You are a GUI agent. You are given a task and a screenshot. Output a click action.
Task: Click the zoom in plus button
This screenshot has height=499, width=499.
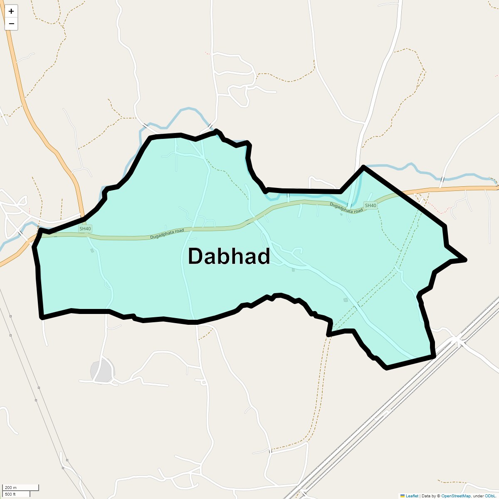point(11,11)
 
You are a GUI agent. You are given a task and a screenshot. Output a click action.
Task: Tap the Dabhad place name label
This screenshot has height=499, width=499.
point(229,256)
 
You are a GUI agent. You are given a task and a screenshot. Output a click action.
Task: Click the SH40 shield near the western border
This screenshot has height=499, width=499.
point(85,229)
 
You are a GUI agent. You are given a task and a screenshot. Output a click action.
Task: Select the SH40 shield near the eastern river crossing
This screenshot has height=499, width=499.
point(370,205)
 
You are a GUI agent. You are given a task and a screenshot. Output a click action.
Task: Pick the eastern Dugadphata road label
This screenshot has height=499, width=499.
point(346,208)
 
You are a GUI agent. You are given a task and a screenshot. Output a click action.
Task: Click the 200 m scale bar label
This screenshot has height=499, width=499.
point(11,487)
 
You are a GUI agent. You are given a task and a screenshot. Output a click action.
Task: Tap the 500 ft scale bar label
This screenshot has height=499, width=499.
point(11,494)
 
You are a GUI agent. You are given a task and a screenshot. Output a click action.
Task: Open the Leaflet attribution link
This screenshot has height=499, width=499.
point(412,496)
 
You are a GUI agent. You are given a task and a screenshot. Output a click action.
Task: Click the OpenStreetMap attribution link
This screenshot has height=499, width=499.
point(456,496)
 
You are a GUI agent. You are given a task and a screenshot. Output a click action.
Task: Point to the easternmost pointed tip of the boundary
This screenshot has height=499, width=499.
point(466,260)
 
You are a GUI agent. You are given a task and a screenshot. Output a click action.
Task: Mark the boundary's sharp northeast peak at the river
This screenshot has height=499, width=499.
point(363,167)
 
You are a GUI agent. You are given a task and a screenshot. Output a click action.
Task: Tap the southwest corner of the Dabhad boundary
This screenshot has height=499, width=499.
point(42,317)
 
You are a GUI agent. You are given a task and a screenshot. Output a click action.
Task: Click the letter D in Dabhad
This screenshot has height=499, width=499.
point(195,256)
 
